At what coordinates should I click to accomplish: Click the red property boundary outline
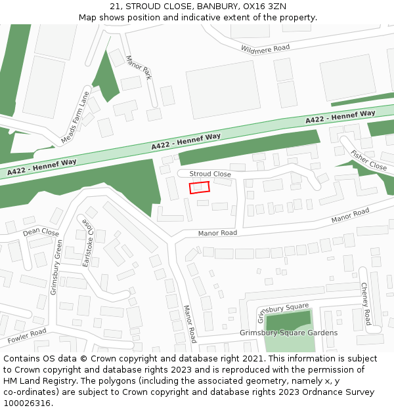click(x=200, y=187)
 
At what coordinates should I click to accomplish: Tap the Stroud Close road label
click(x=210, y=174)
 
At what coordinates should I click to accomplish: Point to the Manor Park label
click(x=139, y=68)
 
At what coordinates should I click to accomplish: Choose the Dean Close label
click(x=41, y=232)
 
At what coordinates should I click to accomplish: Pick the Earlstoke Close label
click(x=88, y=242)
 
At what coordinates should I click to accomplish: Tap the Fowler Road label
click(x=27, y=337)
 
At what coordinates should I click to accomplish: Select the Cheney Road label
click(x=366, y=304)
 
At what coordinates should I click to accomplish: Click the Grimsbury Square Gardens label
click(x=288, y=333)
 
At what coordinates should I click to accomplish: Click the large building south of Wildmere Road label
click(x=224, y=89)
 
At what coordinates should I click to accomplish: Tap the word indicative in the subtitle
click(x=214, y=17)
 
